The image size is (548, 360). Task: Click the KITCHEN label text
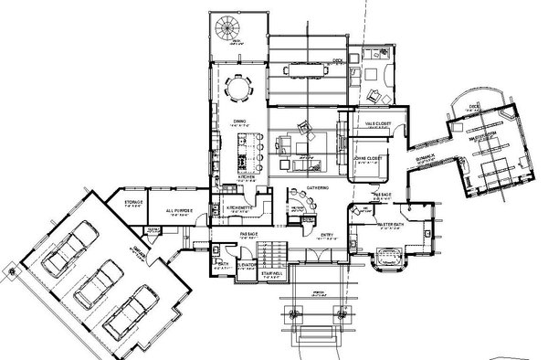click(246, 176)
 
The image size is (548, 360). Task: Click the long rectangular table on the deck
click(306, 69)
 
